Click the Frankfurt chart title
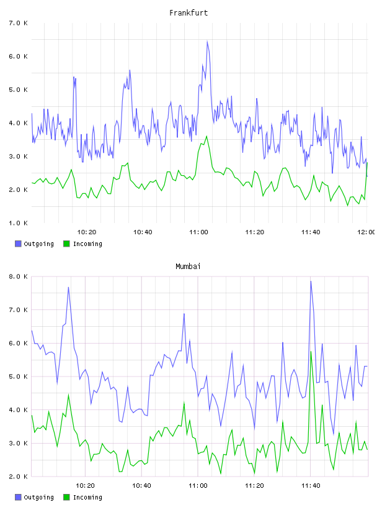point(188,13)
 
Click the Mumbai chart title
point(188,267)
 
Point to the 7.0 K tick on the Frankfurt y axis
point(18,23)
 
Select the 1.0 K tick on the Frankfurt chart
point(18,223)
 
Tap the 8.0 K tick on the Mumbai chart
point(18,276)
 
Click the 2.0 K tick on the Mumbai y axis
point(18,477)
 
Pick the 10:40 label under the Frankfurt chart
point(143,232)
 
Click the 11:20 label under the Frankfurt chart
point(255,232)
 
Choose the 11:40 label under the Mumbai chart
point(311,486)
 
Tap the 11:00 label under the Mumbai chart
point(198,486)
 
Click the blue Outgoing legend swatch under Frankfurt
point(18,244)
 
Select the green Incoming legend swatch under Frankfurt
point(66,244)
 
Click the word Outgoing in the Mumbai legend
point(38,497)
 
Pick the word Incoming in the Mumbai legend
point(87,497)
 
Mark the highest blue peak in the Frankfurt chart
point(207,41)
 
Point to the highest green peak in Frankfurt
point(206,136)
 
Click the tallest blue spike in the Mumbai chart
point(311,281)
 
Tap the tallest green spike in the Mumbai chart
point(311,352)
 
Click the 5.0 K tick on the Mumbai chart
point(18,377)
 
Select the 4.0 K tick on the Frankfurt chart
point(18,123)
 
